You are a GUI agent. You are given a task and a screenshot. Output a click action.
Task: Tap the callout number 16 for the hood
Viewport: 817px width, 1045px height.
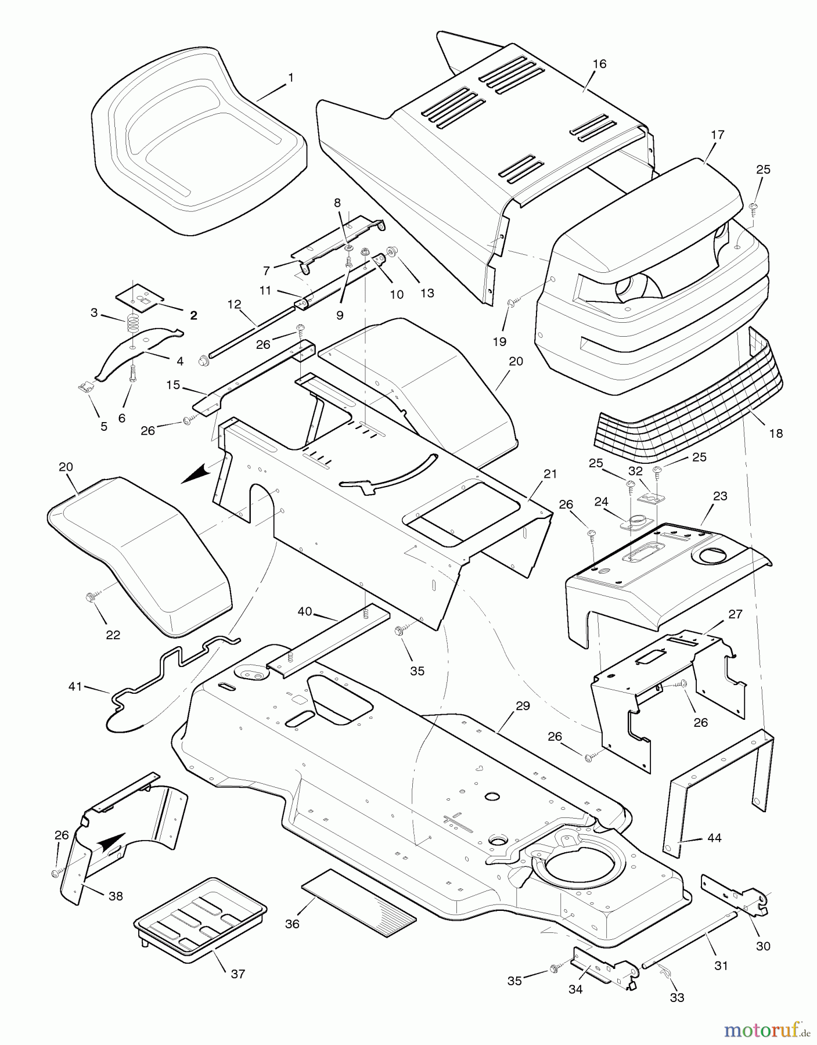pos(599,64)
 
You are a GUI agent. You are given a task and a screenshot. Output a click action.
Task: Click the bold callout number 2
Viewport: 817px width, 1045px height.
pos(193,315)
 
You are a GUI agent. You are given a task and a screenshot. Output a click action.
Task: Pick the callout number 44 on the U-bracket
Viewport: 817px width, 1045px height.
pos(714,838)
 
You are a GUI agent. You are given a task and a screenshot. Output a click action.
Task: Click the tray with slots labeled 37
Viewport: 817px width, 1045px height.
pos(200,917)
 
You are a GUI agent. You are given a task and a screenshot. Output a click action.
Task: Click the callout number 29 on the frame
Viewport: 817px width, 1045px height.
pos(523,706)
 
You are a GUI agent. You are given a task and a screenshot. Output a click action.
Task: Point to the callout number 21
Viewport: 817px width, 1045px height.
pos(550,474)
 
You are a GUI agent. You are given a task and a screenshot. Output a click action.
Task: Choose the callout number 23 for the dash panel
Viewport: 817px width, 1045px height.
pos(720,496)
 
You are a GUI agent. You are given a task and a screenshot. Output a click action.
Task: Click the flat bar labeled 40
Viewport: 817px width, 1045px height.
pos(328,639)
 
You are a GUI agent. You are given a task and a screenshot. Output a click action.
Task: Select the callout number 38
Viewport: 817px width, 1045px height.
pos(116,896)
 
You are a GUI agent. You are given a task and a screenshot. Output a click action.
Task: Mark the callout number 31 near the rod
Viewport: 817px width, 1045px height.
pos(721,965)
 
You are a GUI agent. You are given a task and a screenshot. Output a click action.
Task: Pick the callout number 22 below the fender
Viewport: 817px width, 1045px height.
pos(113,635)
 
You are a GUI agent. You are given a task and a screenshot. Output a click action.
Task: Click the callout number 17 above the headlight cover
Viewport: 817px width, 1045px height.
pos(718,135)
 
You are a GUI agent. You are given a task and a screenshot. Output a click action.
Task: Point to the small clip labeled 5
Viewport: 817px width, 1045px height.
pos(85,387)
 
